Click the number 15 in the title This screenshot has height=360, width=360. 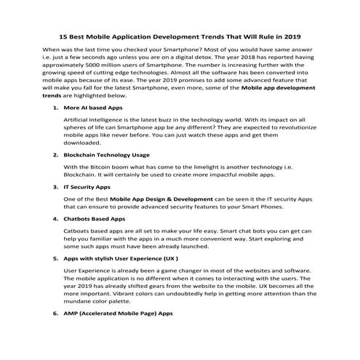[63, 36]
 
